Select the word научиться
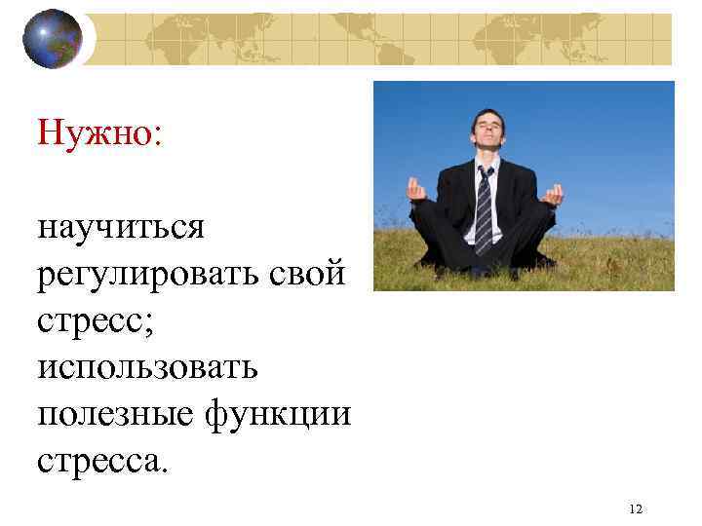click(x=121, y=228)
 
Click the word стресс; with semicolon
click(x=93, y=319)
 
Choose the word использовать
click(x=147, y=366)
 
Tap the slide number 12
click(x=636, y=508)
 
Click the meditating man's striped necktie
click(x=484, y=208)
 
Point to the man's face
click(x=487, y=133)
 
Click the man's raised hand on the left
click(x=418, y=190)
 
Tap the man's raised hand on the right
click(x=553, y=195)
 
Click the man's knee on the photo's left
click(x=429, y=255)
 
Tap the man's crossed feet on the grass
click(x=483, y=268)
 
